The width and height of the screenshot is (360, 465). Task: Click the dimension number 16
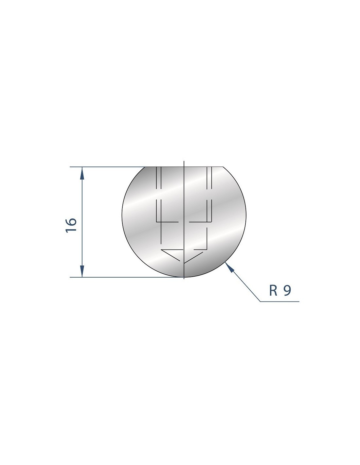[71, 226]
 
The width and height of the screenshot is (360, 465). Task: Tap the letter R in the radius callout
[273, 291]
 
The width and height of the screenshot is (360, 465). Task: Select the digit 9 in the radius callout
[287, 291]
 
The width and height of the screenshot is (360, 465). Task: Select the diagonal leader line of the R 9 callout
[243, 282]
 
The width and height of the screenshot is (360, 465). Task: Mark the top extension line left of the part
[107, 167]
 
